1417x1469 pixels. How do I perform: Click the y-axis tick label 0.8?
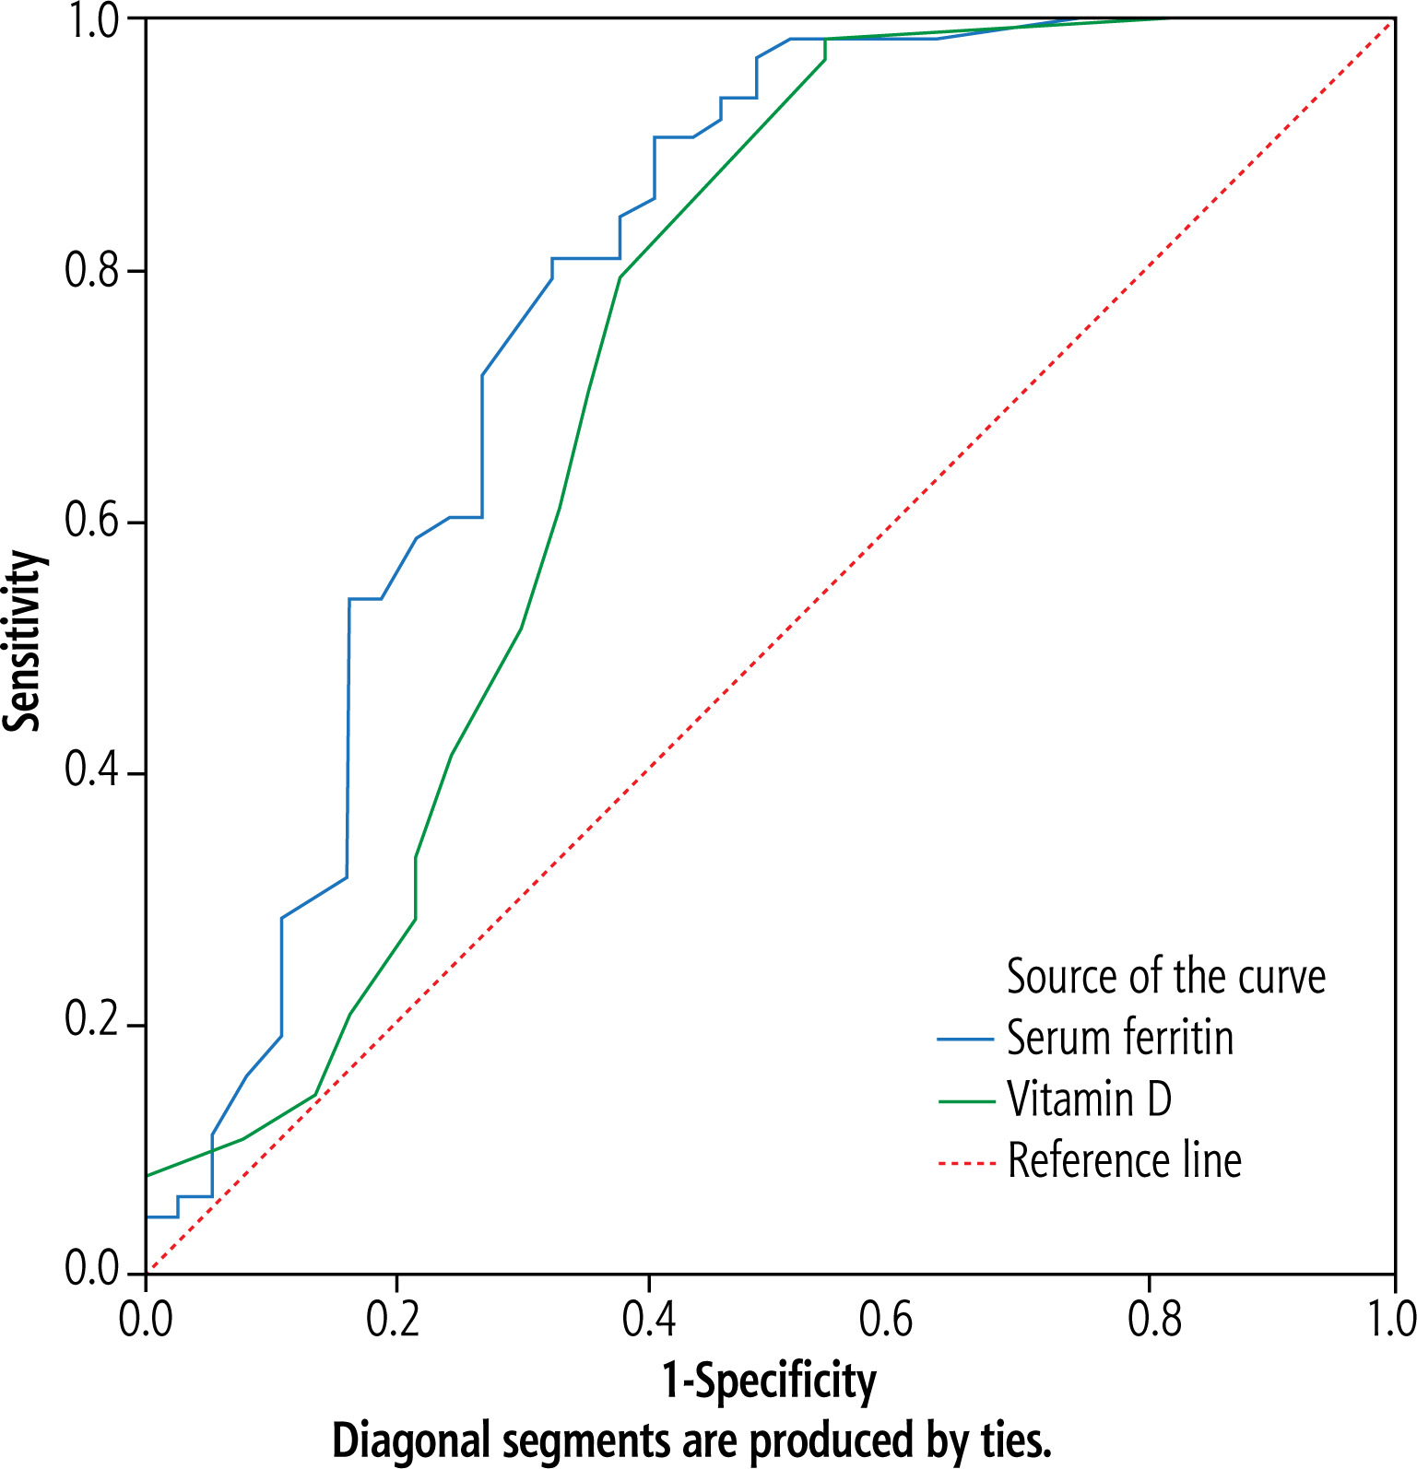point(92,271)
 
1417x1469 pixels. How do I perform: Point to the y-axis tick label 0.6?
point(92,522)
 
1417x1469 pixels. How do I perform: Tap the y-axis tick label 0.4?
point(92,772)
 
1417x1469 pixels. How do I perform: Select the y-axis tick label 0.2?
point(92,1023)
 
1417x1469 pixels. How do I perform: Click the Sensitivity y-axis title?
point(24,640)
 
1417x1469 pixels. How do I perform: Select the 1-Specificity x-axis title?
point(769,1381)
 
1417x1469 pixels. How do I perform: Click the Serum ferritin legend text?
point(1119,1039)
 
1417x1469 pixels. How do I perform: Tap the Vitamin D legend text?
point(1089,1099)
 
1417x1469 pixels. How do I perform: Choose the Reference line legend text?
point(1124,1160)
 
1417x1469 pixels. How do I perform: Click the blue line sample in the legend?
point(965,1040)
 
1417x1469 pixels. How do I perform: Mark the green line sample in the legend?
point(965,1101)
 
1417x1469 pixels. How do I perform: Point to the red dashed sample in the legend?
point(965,1162)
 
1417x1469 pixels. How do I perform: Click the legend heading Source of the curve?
point(1165,977)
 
